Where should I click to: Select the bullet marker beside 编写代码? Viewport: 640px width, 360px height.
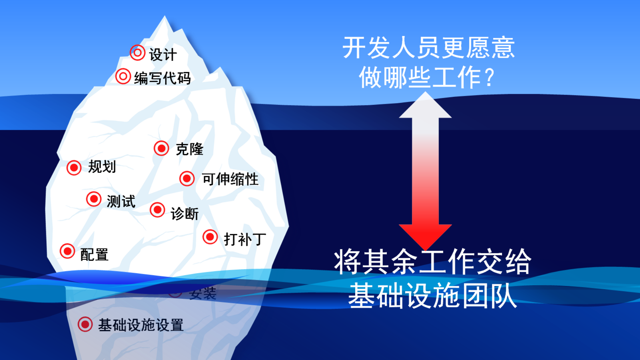point(123,76)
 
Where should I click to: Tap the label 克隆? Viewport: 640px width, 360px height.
point(189,149)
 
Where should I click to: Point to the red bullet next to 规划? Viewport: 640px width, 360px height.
point(74,167)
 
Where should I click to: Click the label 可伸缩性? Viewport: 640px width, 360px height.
point(230,179)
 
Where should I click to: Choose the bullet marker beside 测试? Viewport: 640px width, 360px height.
point(94,199)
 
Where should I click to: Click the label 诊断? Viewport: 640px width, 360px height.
point(184,214)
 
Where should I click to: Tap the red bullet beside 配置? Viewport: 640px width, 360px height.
point(67,251)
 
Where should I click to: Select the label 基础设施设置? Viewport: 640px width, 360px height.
point(141,325)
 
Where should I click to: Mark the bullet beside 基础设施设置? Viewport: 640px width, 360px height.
point(85,324)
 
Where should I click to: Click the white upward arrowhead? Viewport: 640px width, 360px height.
point(425,106)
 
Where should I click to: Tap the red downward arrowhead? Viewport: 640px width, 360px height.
point(425,236)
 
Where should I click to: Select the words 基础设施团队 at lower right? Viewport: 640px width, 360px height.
point(432,296)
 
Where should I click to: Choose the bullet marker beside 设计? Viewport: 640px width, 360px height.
point(137,53)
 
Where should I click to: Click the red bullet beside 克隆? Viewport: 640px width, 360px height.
point(161,148)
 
